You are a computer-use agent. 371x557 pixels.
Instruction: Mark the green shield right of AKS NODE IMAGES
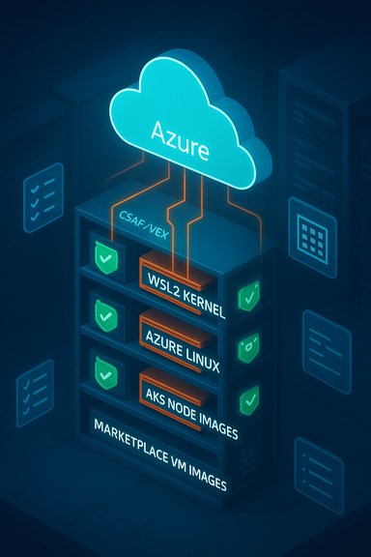pos(249,396)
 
